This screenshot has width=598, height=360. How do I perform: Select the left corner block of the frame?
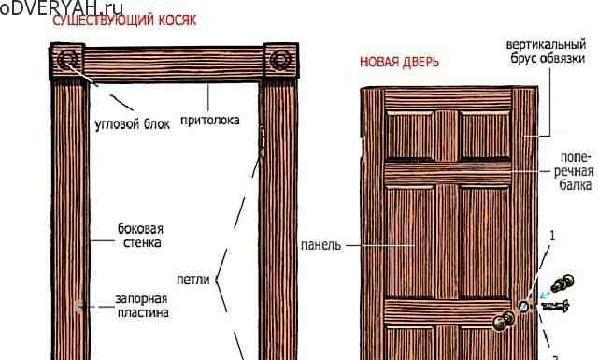(x=67, y=63)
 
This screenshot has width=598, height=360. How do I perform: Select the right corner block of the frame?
(x=279, y=63)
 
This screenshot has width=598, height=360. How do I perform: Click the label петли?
(x=192, y=278)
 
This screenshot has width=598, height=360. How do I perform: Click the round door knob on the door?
(x=505, y=321)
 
